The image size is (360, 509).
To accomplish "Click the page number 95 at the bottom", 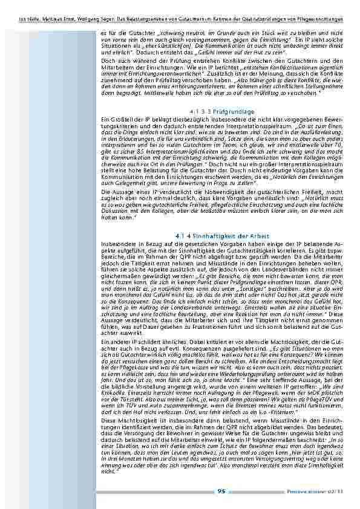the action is (221, 490).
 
